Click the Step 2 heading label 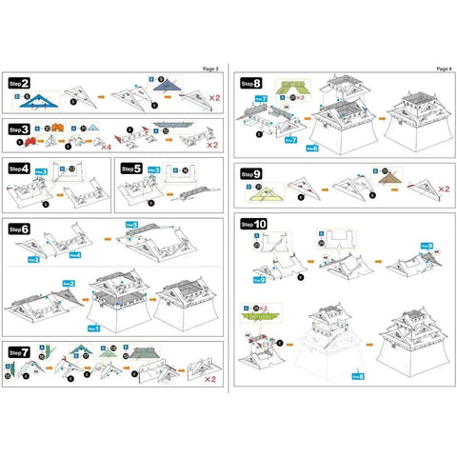point(18,84)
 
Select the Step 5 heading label point(131,167)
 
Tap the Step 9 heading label point(251,174)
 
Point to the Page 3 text point(210,69)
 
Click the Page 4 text point(443,69)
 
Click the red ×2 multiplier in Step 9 point(443,189)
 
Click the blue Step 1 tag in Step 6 point(93,328)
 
